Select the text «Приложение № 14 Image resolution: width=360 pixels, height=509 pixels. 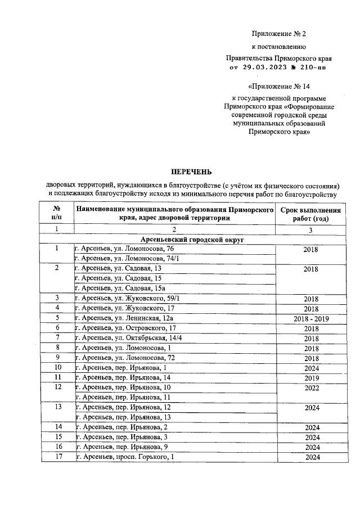point(278,87)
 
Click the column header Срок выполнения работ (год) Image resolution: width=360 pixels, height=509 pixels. point(310,214)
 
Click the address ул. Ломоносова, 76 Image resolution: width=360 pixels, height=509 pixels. point(124,249)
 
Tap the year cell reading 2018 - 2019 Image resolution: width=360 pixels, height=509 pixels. point(310,318)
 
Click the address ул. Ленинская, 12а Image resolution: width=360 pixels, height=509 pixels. point(124,318)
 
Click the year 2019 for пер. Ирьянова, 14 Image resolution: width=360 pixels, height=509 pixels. point(310,378)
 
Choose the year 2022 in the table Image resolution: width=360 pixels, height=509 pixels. point(310,388)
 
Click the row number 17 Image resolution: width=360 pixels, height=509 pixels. point(57,457)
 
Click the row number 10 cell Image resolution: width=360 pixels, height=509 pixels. point(57,368)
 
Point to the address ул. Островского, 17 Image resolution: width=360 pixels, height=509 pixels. point(126,328)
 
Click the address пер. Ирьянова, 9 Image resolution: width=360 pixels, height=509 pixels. point(121,447)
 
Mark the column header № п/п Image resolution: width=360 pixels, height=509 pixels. point(57,214)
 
